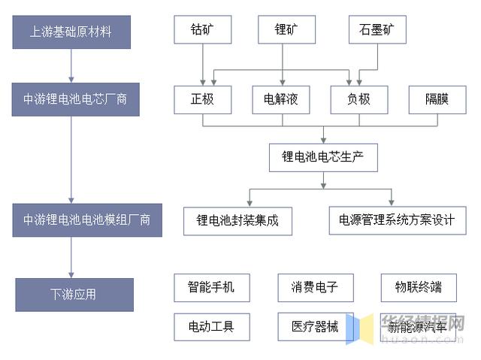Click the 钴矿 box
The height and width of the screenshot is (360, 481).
[202, 29]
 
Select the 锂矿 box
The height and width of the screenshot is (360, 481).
[286, 29]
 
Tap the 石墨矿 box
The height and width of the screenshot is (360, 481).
[377, 29]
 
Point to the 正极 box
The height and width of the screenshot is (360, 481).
[202, 100]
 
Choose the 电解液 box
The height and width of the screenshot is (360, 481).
[280, 100]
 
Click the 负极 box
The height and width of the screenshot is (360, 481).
[359, 100]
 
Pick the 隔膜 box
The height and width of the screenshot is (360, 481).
[437, 100]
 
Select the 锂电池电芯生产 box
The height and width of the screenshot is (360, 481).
[323, 158]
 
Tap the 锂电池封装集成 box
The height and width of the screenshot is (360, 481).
[237, 221]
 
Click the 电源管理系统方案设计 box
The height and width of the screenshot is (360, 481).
[398, 220]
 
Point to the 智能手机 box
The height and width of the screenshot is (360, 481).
[212, 288]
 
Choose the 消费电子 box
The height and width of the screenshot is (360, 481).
[316, 288]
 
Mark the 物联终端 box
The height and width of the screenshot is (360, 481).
[419, 288]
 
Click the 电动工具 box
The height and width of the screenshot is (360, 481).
[212, 327]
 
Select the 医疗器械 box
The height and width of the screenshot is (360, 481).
[316, 327]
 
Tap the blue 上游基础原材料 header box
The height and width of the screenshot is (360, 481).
[71, 32]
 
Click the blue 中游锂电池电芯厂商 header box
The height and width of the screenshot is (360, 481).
[75, 99]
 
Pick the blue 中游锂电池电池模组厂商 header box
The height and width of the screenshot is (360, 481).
[87, 220]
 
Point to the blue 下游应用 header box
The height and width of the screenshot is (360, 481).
[74, 295]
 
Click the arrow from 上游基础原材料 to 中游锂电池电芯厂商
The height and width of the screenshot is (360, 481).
[71, 65]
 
